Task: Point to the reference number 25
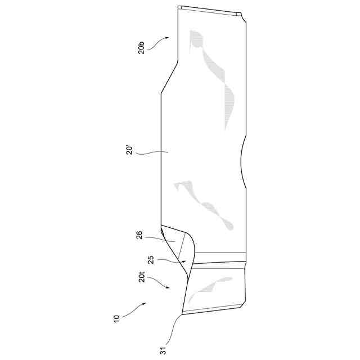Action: (150, 260)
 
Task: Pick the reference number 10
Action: (116, 318)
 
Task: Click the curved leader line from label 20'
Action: (152, 152)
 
